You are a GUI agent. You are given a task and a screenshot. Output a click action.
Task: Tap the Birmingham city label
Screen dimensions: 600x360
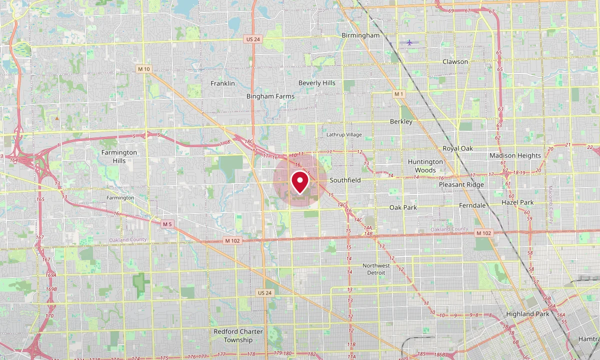[360, 35]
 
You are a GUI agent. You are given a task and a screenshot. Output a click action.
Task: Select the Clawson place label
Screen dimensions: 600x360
[455, 61]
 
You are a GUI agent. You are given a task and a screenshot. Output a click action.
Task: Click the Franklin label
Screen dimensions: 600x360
[222, 83]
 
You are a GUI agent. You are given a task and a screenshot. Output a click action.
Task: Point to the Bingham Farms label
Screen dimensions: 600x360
[270, 96]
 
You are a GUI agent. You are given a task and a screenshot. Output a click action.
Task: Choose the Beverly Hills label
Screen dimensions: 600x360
[317, 83]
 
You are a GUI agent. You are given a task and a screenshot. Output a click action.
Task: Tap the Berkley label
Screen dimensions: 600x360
[401, 121]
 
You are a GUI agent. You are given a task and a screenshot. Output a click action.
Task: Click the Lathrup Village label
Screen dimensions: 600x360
[343, 135]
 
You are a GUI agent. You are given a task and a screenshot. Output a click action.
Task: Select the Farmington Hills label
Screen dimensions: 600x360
[119, 156]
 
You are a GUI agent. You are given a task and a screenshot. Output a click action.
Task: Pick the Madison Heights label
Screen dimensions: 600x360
[515, 155]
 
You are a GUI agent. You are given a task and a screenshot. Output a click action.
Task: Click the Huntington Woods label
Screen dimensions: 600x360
[425, 165]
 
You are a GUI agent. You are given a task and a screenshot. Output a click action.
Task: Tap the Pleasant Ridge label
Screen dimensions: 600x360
[461, 184]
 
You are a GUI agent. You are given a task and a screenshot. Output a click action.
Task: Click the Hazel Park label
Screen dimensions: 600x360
[517, 202]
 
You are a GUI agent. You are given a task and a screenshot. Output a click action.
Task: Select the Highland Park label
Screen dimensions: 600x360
[527, 314]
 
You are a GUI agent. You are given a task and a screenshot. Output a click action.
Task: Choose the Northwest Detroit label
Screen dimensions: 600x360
[376, 269]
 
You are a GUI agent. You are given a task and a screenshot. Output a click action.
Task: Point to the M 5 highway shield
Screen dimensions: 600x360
[167, 224]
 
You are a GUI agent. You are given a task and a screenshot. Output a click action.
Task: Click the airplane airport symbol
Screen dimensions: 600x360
[409, 42]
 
